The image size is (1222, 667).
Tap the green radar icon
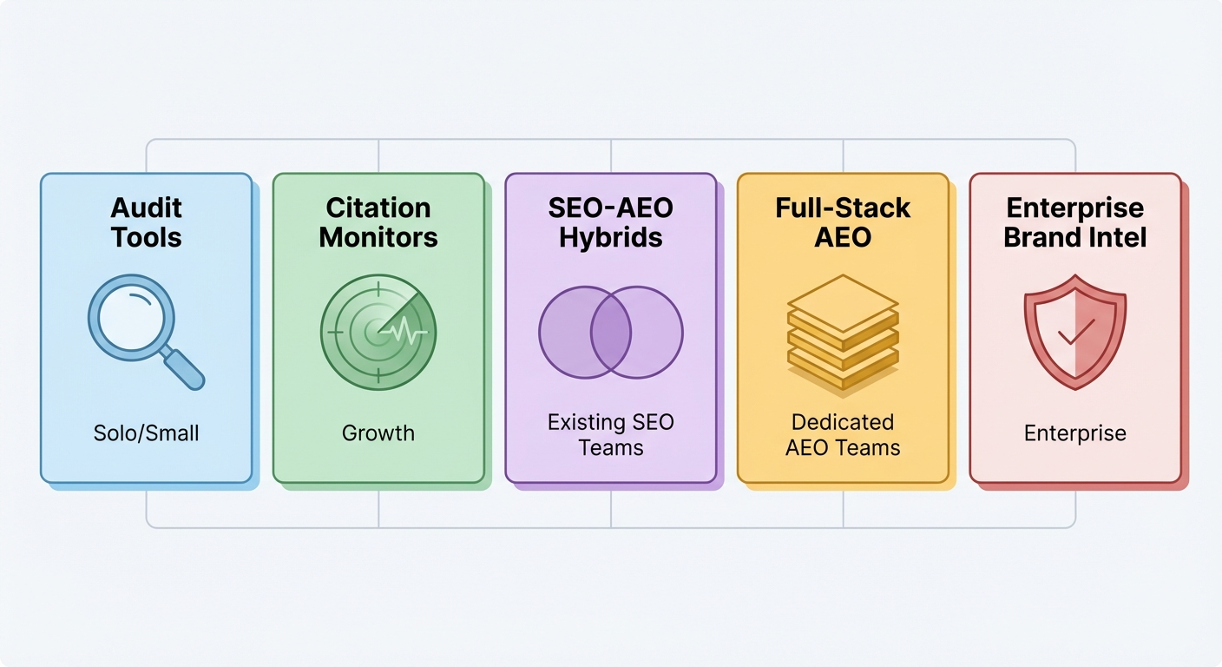(378, 331)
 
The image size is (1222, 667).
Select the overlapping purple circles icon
(611, 333)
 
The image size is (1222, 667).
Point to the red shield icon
(1075, 332)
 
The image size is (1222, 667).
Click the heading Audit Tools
(146, 222)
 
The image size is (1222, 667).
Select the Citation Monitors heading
(378, 222)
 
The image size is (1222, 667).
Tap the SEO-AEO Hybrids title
(611, 222)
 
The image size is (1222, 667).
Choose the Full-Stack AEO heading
(843, 222)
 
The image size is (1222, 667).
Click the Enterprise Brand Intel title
(1075, 222)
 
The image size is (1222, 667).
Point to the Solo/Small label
(146, 433)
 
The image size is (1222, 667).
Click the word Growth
(378, 433)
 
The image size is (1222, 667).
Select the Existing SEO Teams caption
(611, 435)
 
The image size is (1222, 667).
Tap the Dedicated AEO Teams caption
(843, 435)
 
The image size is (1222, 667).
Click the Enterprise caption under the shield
(1075, 433)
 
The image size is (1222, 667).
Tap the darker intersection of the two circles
(611, 333)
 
